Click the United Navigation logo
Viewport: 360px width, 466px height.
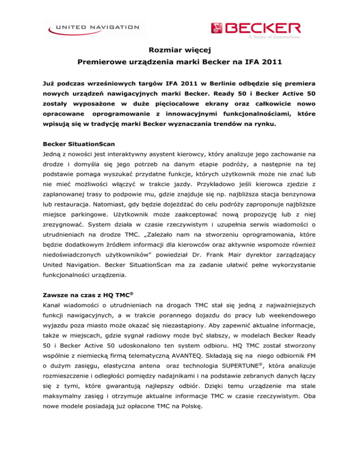(x=94, y=29)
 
